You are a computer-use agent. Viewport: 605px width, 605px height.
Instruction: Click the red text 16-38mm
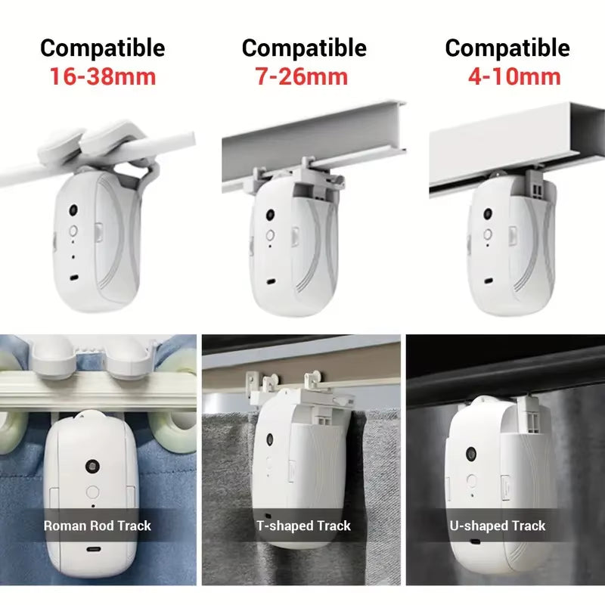(103, 76)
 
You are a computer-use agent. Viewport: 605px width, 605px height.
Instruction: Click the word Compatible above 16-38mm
(103, 48)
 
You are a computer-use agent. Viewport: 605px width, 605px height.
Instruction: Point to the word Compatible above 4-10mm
(507, 48)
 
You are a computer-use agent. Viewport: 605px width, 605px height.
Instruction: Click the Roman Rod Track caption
(98, 526)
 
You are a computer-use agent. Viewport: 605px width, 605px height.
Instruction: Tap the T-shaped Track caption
(303, 526)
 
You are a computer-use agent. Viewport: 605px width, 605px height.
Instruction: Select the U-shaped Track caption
(498, 526)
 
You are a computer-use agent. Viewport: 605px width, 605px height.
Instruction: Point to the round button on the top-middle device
(268, 235)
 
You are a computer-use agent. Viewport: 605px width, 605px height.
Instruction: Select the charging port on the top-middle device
(271, 283)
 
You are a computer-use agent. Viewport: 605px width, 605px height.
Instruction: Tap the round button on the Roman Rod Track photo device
(93, 490)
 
